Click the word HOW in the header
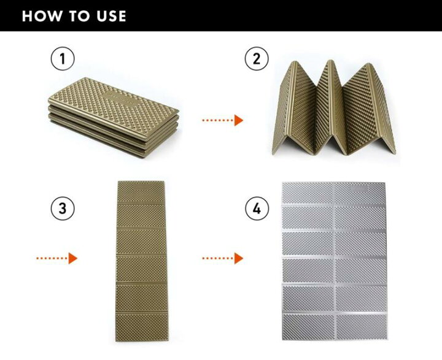click(42, 16)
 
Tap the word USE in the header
click(111, 16)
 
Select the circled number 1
click(63, 59)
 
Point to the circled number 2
click(257, 59)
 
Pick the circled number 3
click(63, 209)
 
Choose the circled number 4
click(257, 209)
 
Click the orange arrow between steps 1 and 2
click(223, 120)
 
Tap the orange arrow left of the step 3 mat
click(56, 258)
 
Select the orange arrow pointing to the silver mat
click(223, 258)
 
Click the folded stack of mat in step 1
click(114, 117)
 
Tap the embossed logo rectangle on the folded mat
click(123, 98)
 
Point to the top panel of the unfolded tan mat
click(141, 192)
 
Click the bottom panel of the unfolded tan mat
click(142, 327)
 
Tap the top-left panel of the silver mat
click(308, 193)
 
